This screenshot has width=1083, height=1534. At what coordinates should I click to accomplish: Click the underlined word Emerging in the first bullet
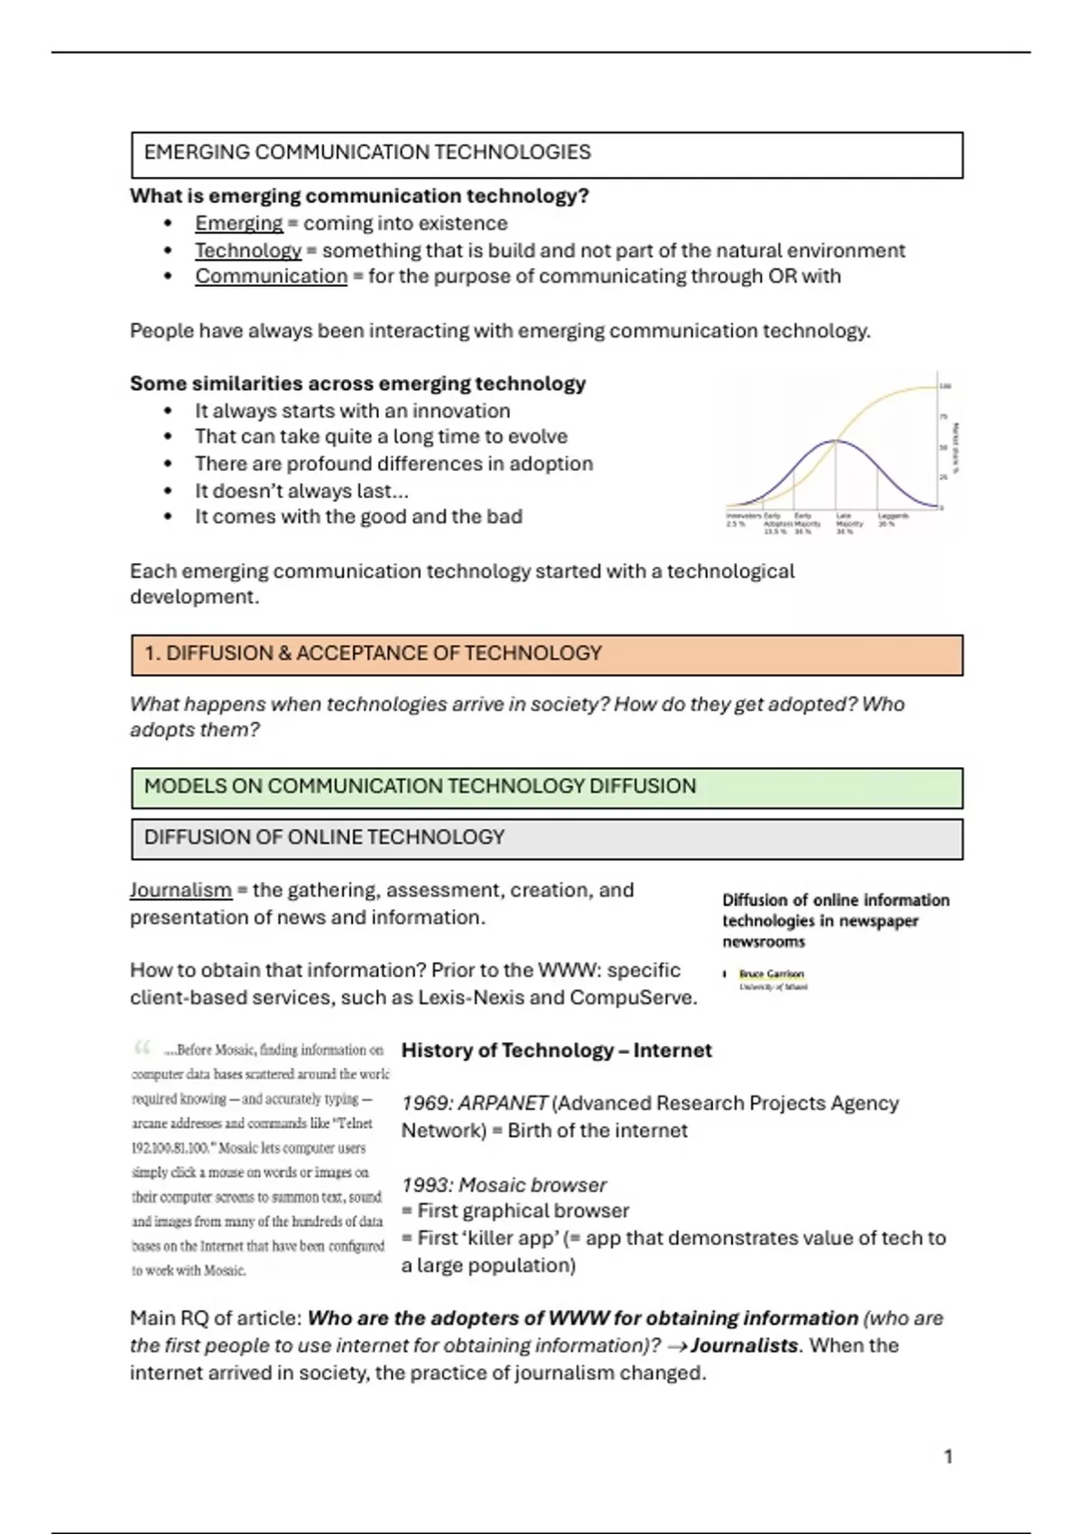238,224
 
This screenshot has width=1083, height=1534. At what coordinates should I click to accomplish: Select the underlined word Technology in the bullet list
248,251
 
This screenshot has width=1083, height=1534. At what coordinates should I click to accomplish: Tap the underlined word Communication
271,277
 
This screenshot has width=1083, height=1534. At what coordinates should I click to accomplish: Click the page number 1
948,1456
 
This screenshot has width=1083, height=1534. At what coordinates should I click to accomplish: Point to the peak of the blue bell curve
836,440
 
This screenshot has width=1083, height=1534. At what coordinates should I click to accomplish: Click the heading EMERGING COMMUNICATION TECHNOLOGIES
367,152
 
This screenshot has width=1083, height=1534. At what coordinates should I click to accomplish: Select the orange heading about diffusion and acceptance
373,653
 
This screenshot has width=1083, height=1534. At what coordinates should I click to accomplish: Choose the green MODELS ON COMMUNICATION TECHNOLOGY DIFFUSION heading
420,786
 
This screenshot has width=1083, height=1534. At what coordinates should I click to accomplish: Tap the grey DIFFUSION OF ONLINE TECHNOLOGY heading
324,837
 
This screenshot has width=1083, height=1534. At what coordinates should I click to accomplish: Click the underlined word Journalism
180,891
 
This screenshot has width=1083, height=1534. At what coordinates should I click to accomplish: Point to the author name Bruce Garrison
771,975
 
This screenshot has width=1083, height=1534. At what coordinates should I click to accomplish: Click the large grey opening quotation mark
142,1049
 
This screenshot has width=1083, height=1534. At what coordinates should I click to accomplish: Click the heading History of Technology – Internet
556,1050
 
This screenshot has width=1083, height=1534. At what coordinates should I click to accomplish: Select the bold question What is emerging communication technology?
359,197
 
